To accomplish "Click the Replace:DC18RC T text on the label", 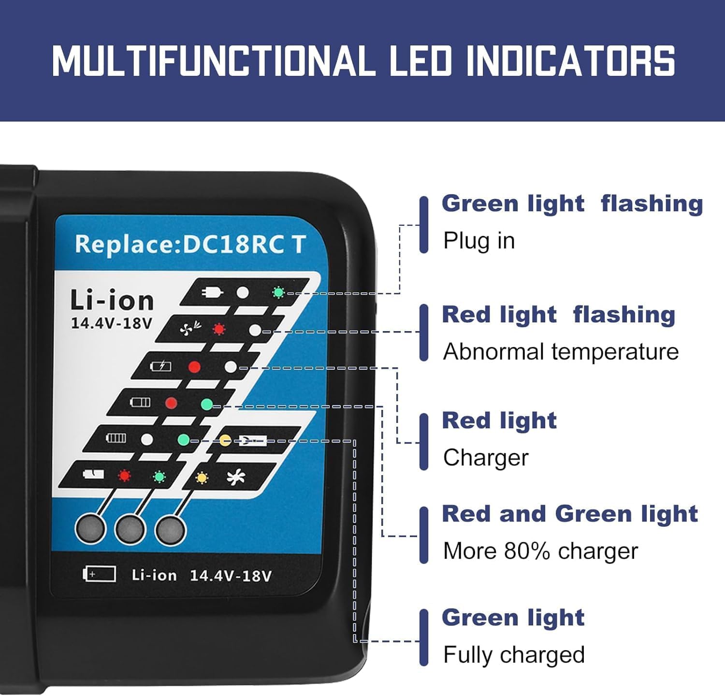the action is coord(190,244).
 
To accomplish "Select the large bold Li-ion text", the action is coord(112,300).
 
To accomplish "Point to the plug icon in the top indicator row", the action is coord(212,292).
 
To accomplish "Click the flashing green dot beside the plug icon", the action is coord(278,292).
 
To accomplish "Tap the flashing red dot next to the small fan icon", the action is coord(219,329).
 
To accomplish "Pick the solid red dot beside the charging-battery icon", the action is coord(194,367).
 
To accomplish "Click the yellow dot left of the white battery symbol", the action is coord(225,440).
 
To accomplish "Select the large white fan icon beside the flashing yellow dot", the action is coord(236,478).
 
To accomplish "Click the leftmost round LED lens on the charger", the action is coord(90,529).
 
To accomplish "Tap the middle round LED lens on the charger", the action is coord(130,529).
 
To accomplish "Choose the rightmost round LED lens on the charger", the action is coord(170,530).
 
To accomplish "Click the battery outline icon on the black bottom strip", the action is coord(100,574).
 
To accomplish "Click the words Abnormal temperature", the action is coord(561,351).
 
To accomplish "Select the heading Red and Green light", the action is coord(570,513).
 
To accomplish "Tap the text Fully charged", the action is coord(514,655).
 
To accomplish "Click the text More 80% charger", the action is coord(540,551).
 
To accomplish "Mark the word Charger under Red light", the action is coord(486,458).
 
